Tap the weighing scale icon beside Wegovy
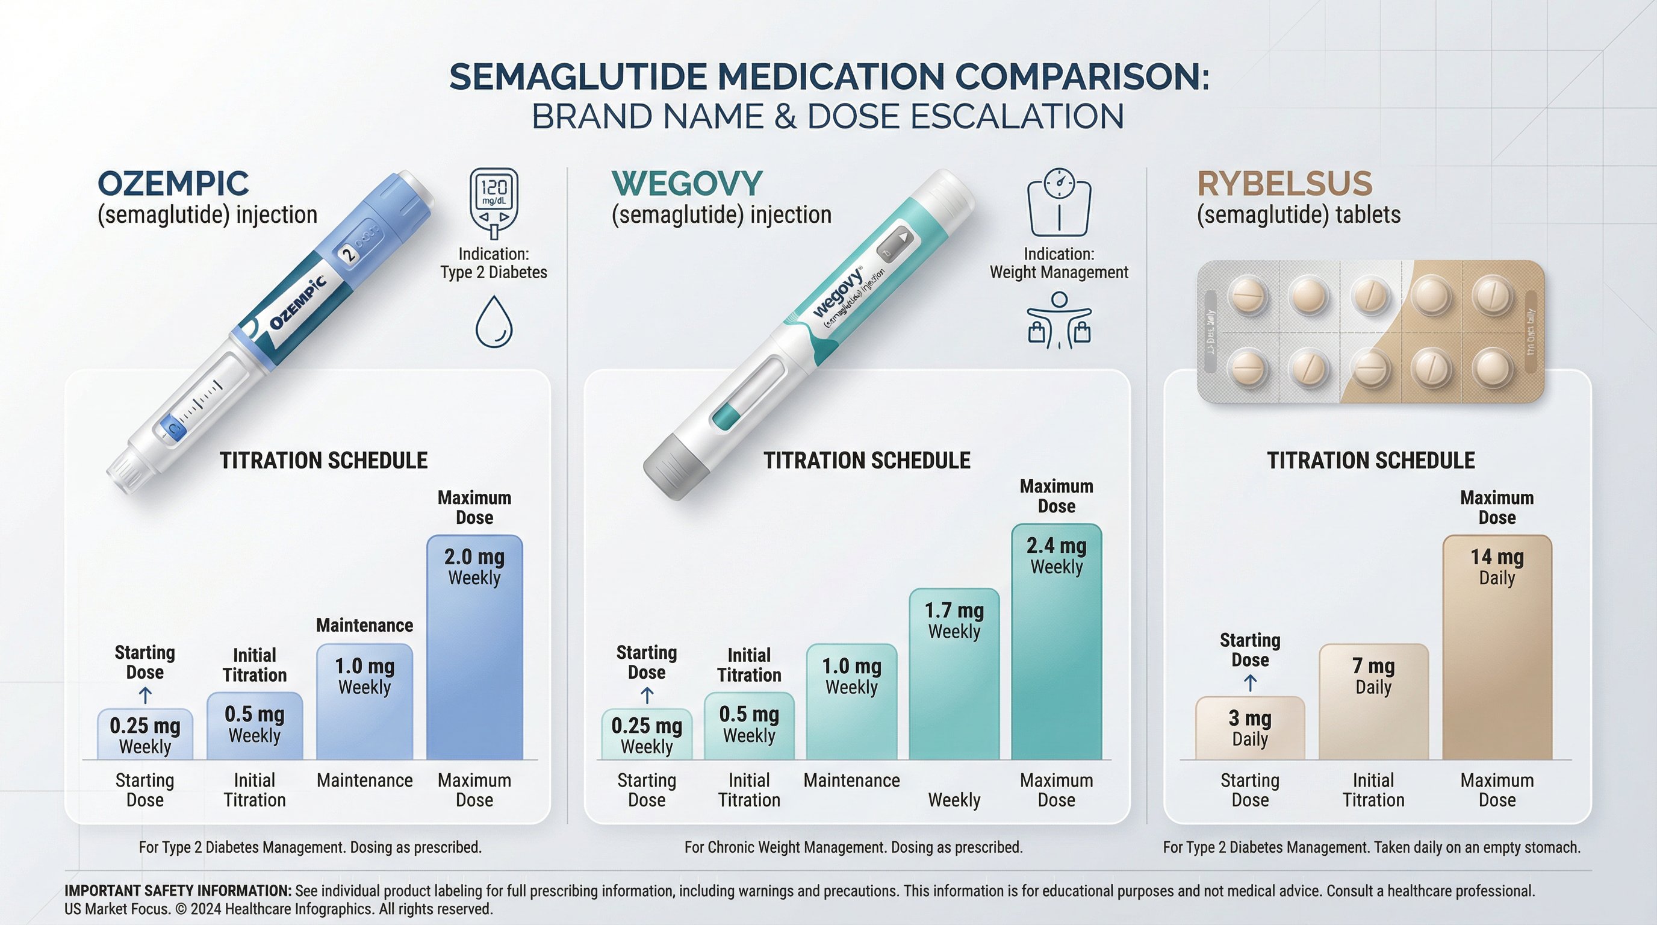(1059, 202)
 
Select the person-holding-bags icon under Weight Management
(1059, 320)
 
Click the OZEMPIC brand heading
(173, 184)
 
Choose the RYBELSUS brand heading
(1284, 184)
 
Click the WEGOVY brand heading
(686, 184)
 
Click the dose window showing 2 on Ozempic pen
(348, 254)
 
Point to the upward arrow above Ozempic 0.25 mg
(145, 696)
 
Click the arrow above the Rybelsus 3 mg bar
(1250, 682)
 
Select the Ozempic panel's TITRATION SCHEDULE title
(323, 461)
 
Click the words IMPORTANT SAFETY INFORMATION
(178, 891)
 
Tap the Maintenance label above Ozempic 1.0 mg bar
(364, 625)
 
